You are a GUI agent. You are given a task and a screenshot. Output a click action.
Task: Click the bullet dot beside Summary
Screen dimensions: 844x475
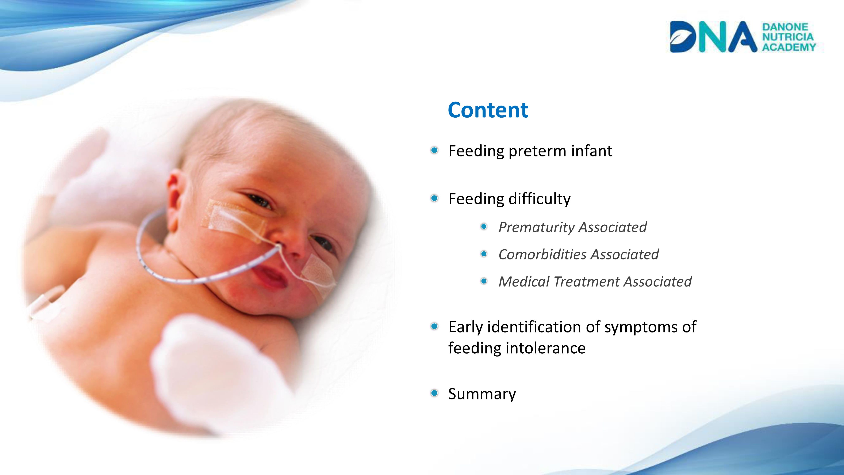[x=434, y=393]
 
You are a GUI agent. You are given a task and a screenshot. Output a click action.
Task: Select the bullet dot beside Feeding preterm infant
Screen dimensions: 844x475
[x=434, y=151]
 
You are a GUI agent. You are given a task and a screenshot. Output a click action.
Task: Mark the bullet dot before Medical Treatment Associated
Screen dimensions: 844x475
[x=484, y=281]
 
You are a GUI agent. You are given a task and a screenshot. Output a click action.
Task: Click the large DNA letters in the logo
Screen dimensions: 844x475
[x=713, y=37]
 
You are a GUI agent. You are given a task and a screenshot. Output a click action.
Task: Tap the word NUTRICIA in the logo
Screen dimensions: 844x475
[x=788, y=37]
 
